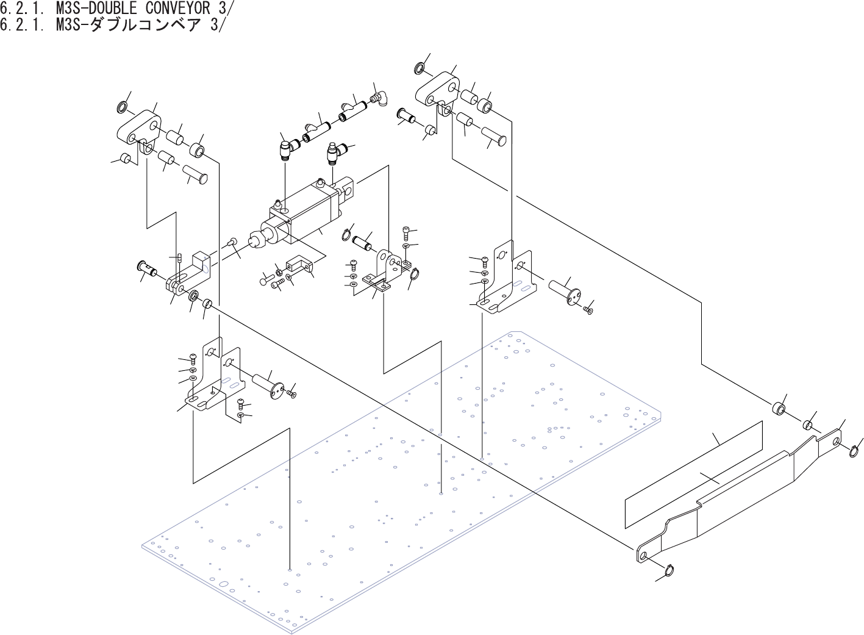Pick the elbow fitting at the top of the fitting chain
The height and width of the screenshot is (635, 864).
(383, 98)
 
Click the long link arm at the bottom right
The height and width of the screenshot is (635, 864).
(732, 494)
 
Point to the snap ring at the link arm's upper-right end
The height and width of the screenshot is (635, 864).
(856, 451)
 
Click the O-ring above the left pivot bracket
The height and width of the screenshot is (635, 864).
(123, 109)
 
